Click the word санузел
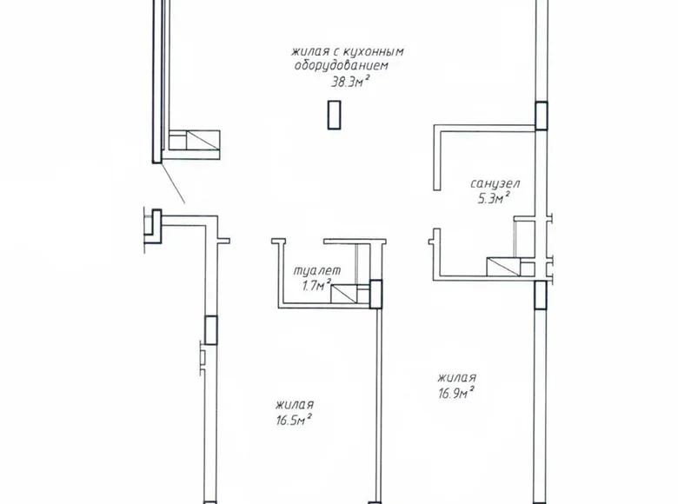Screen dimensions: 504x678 [495, 184]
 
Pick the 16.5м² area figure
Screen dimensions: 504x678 [293, 420]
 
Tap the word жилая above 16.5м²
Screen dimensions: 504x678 [294, 405]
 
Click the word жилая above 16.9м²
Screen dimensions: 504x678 [456, 378]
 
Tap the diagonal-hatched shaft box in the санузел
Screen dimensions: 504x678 [503, 267]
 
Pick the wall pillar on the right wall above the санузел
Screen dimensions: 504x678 [542, 115]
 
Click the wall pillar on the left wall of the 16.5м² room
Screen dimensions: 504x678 [209, 331]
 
